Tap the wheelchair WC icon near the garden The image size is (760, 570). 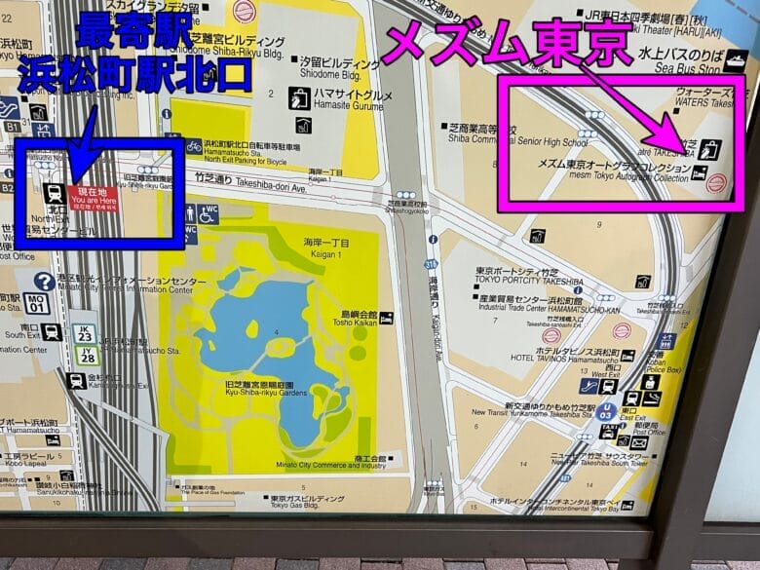(208, 212)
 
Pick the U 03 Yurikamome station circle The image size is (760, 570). (606, 412)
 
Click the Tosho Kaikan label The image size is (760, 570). (359, 321)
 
